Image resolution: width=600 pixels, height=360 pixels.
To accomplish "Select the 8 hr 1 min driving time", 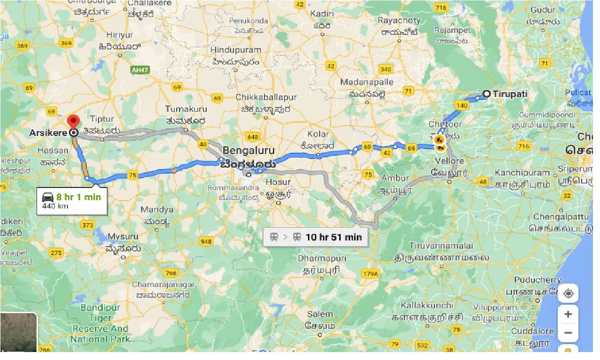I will point(79,197).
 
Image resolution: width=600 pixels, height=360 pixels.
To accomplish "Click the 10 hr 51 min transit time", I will point(333,237).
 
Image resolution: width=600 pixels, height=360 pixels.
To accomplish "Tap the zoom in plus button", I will point(568,314).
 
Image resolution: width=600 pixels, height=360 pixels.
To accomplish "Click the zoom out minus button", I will point(568,333).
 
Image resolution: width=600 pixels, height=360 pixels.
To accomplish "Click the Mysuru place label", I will point(123,236).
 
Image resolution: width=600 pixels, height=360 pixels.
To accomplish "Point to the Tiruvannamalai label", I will point(441,246).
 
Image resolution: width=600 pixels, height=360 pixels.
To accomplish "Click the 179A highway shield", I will point(369,273).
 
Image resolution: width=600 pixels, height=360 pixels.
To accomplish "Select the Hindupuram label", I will point(235,50).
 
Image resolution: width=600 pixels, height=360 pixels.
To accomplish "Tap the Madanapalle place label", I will point(367,82).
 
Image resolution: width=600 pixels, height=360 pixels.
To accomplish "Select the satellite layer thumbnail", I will point(18,332).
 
